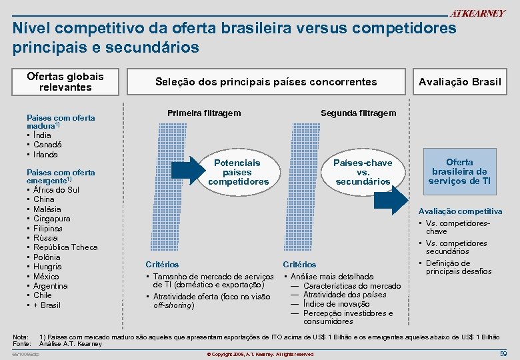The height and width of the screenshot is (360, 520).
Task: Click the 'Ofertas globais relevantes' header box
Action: [65, 81]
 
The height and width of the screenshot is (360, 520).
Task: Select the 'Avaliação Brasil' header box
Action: [459, 81]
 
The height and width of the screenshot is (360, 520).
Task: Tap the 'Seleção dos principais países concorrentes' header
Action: [266, 81]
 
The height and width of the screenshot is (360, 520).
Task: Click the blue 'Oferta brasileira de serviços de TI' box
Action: [459, 171]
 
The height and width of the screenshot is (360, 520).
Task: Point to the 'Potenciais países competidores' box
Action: [238, 172]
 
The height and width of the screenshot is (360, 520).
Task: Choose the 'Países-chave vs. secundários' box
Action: [363, 172]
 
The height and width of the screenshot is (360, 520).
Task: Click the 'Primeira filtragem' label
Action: [204, 113]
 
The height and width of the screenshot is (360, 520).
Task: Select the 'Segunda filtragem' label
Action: [358, 113]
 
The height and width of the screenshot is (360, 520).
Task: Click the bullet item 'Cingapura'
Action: [51, 219]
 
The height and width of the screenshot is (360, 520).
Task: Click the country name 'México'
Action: [46, 277]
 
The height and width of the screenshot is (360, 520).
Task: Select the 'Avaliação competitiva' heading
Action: [460, 211]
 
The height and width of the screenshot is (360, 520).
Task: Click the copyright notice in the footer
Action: [260, 354]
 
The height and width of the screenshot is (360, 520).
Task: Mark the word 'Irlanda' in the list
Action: [45, 155]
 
